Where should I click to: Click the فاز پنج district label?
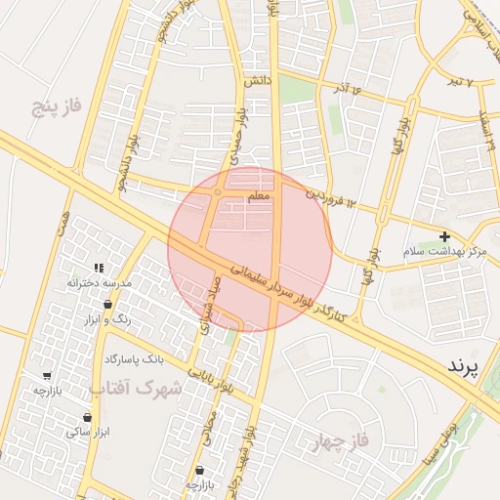click(54, 104)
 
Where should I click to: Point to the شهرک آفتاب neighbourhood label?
click(137, 388)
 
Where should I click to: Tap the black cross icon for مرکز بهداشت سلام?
click(445, 236)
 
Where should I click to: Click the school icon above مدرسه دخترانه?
click(98, 268)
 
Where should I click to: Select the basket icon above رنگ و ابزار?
click(121, 305)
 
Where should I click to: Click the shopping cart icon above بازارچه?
click(48, 375)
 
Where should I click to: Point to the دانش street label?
click(256, 82)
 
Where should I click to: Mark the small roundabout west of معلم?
click(217, 192)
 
